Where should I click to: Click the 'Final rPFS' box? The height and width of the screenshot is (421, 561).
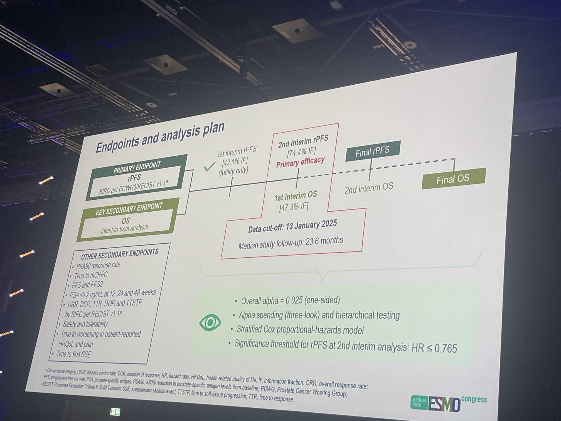pyautogui.click(x=373, y=151)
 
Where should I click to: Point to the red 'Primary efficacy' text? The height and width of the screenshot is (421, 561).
pyautogui.click(x=300, y=162)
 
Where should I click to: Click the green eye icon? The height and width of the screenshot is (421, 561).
pyautogui.click(x=210, y=322)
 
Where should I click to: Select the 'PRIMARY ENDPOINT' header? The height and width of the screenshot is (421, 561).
pyautogui.click(x=137, y=168)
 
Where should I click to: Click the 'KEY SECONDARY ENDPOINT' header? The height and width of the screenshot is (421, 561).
pyautogui.click(x=129, y=209)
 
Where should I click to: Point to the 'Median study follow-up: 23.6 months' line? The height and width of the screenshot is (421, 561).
pyautogui.click(x=291, y=243)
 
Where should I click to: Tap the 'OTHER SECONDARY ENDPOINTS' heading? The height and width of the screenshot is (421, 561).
pyautogui.click(x=120, y=254)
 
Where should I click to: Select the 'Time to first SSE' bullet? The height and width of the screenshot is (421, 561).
pyautogui.click(x=73, y=354)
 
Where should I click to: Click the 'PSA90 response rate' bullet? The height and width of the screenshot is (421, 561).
pyautogui.click(x=98, y=265)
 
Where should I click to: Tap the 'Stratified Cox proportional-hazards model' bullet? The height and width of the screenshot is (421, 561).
pyautogui.click(x=300, y=330)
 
